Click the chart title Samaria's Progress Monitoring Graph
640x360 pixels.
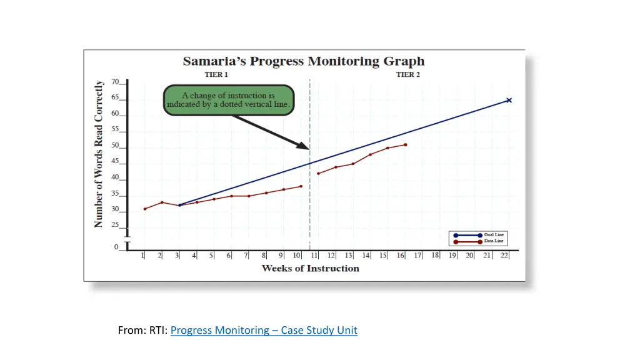coord(303,61)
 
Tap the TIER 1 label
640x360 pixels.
coord(216,75)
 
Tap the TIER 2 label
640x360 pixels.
coord(408,75)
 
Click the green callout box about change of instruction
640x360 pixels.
coord(228,100)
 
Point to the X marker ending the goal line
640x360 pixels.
coord(509,100)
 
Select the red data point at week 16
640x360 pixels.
coord(406,145)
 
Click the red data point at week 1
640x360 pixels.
coord(144,209)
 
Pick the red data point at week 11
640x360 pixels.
coord(318,173)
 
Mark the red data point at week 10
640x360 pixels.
coord(301,186)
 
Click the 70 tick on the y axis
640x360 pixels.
coord(116,82)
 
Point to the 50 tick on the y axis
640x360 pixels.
coord(116,146)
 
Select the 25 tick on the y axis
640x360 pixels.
coord(116,225)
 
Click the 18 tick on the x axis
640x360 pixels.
coord(436,256)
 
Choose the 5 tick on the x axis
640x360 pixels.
coord(211,256)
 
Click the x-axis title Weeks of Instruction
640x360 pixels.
coord(310,269)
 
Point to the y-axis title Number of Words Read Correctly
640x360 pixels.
coord(99,154)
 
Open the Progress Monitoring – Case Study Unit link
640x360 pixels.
coord(264,330)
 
